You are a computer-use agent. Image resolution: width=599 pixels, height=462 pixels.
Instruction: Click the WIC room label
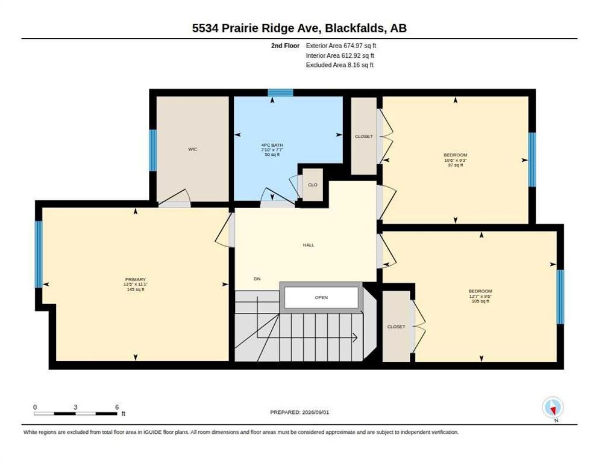click(193, 149)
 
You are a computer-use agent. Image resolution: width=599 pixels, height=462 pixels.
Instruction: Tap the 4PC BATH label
click(272, 146)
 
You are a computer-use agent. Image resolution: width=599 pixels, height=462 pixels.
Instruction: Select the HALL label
click(309, 245)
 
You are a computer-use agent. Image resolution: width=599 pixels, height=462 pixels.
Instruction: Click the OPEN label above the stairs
click(321, 298)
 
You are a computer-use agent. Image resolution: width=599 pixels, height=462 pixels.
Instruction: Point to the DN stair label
click(257, 279)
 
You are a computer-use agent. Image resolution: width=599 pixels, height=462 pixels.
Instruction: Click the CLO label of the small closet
click(313, 185)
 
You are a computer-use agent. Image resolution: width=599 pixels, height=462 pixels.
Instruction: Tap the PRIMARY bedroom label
click(135, 280)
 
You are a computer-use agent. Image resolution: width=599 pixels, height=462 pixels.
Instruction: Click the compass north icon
click(553, 408)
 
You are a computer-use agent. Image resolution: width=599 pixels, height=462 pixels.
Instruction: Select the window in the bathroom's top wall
click(280, 93)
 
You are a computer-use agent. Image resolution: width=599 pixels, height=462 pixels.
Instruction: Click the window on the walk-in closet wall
click(153, 150)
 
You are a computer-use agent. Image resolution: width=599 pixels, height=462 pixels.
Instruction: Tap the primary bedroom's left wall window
click(39, 254)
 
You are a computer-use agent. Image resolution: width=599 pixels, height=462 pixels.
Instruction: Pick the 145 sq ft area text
click(135, 289)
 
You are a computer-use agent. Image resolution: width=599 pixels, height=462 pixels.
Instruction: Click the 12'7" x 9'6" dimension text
click(480, 297)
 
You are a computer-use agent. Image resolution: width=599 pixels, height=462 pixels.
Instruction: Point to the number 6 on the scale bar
click(117, 407)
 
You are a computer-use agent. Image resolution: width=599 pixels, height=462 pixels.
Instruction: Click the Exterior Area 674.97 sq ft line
click(340, 46)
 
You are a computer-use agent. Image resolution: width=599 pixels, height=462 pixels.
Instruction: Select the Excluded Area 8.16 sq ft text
click(340, 65)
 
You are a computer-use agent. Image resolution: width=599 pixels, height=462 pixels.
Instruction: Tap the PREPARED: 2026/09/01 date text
click(299, 413)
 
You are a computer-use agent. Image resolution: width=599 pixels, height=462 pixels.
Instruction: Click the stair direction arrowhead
click(355, 337)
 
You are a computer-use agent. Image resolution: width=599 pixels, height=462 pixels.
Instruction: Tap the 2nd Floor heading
click(286, 46)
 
